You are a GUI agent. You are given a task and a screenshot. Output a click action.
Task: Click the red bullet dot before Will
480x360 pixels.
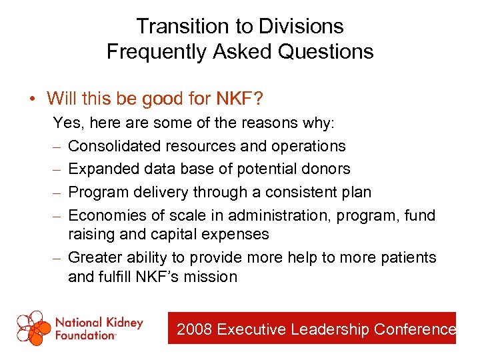[x=32, y=100]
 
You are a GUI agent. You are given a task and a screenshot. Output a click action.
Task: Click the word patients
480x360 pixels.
[x=411, y=257]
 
